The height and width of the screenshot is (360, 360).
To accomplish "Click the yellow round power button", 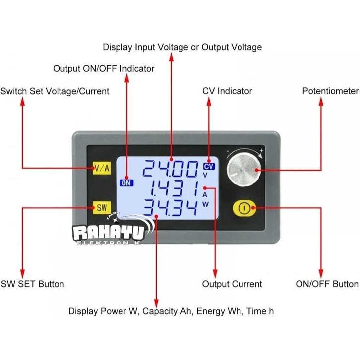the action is pos(243,208).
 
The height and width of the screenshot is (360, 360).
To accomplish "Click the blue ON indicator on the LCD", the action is pos(126,182).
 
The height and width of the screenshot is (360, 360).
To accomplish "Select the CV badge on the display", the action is pos(208,167).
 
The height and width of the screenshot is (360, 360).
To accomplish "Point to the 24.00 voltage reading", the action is pos(170,170).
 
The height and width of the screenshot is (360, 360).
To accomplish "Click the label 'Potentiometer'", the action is pos(330,91).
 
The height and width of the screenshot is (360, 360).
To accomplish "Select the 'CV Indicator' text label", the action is pos(227,91).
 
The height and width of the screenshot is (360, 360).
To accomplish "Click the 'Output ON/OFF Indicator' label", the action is pos(104,69).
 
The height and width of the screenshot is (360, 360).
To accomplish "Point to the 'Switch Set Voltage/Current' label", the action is pos(55,91).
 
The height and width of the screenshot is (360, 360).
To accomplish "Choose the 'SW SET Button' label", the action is pos(32,284).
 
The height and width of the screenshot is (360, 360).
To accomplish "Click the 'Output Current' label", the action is pos(232,284).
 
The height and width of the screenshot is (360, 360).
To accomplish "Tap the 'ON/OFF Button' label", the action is pos(327,284).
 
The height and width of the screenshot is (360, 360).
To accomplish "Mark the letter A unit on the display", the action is pos(205,194).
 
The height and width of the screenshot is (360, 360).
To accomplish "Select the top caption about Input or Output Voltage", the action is pos(182,47).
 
